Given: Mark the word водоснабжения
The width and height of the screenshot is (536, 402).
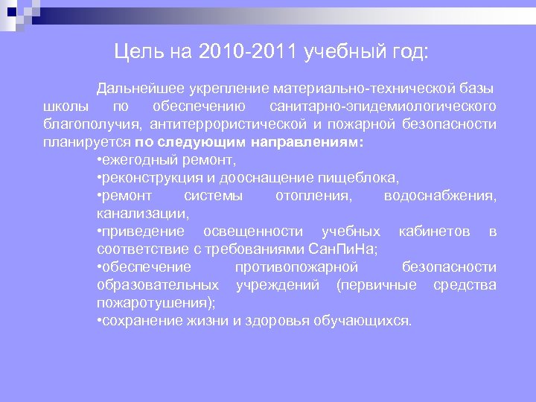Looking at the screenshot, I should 439,196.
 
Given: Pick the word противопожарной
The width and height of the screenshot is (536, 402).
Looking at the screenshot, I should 296,267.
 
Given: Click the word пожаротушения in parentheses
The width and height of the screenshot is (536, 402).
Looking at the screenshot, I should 165,303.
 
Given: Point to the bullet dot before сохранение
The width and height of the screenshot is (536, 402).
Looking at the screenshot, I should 100,321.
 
